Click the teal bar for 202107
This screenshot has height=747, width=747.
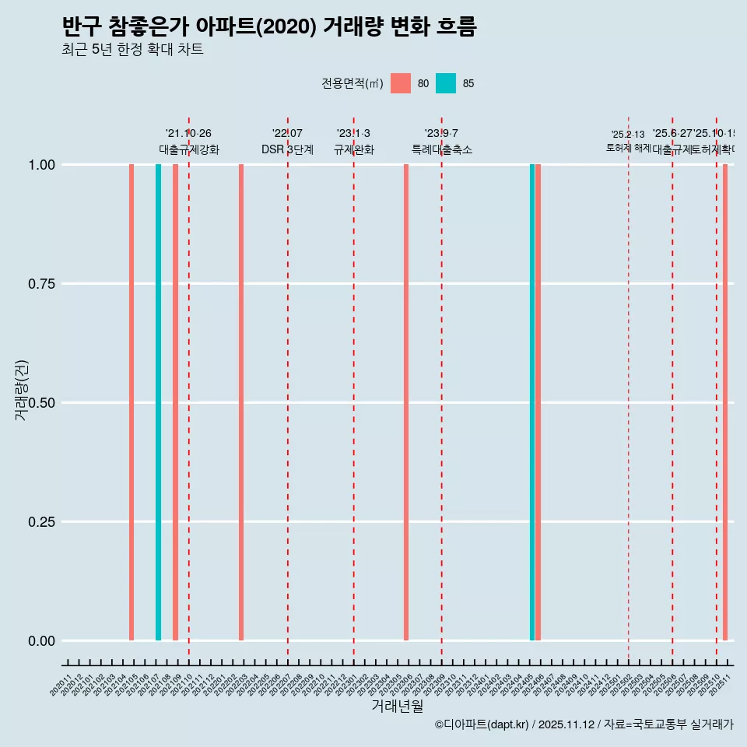click(158, 402)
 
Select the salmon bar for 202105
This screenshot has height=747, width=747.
click(132, 402)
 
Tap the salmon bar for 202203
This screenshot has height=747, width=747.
click(241, 402)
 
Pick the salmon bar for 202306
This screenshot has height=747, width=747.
click(406, 402)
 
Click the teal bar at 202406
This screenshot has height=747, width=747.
click(532, 402)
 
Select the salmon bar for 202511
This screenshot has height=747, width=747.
click(725, 402)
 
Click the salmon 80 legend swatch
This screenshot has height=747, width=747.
click(401, 83)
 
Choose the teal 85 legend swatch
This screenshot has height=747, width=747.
click(446, 83)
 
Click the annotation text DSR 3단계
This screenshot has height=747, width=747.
click(287, 149)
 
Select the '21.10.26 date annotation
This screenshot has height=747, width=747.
click(188, 134)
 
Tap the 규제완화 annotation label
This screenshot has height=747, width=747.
click(354, 149)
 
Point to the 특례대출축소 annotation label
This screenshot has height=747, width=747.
click(442, 149)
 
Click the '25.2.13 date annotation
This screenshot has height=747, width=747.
click(628, 135)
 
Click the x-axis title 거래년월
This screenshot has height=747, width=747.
click(397, 707)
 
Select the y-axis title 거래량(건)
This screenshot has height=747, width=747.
click(22, 391)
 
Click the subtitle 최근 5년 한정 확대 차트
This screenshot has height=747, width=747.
click(132, 50)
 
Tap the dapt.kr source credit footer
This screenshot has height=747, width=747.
click(584, 724)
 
